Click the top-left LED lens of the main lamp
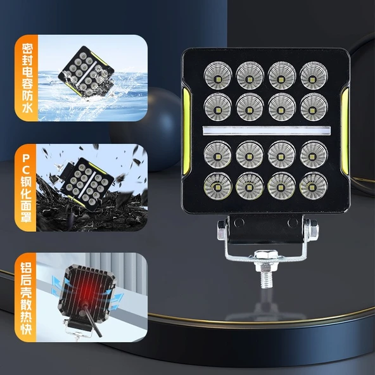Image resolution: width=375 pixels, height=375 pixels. (217, 75)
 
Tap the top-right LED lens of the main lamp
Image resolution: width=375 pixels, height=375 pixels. (314, 75)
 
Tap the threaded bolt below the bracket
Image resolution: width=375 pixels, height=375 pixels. (264, 276)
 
